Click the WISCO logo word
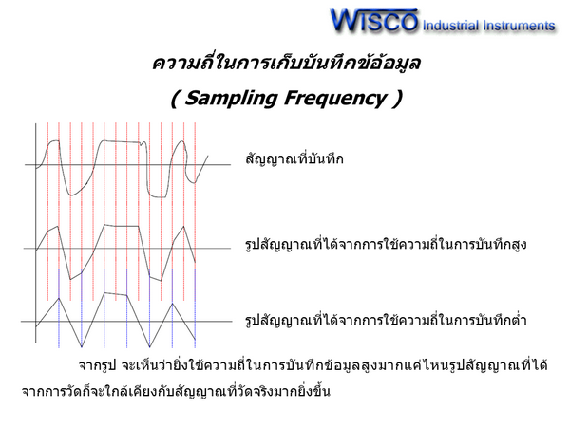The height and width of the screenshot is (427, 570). (x=374, y=20)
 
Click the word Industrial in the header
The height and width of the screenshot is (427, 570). (x=450, y=26)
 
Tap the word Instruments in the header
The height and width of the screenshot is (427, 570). (x=519, y=26)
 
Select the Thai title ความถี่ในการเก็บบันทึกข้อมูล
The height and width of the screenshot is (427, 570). (x=287, y=63)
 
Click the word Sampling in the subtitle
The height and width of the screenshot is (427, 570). (x=231, y=98)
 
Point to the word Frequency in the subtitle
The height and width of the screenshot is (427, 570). (x=335, y=98)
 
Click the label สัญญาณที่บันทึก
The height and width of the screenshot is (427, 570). (x=294, y=158)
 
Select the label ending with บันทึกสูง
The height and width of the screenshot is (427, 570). (x=386, y=244)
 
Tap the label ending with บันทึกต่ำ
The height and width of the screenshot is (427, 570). (x=386, y=320)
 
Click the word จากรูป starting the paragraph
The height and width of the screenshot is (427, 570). (x=97, y=365)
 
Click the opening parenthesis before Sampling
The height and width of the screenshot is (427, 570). (x=175, y=99)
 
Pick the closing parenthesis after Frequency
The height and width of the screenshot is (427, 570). (x=397, y=99)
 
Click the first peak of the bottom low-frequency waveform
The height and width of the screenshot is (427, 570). (x=59, y=299)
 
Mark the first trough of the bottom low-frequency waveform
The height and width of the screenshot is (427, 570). (x=82, y=346)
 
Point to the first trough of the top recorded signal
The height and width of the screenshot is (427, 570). (x=71, y=195)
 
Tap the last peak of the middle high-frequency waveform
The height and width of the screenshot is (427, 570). (x=183, y=227)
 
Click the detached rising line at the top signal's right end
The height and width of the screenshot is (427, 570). (x=201, y=169)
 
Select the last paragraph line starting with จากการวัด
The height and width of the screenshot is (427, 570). (x=176, y=391)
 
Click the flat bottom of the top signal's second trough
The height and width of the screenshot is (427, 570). (x=158, y=196)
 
